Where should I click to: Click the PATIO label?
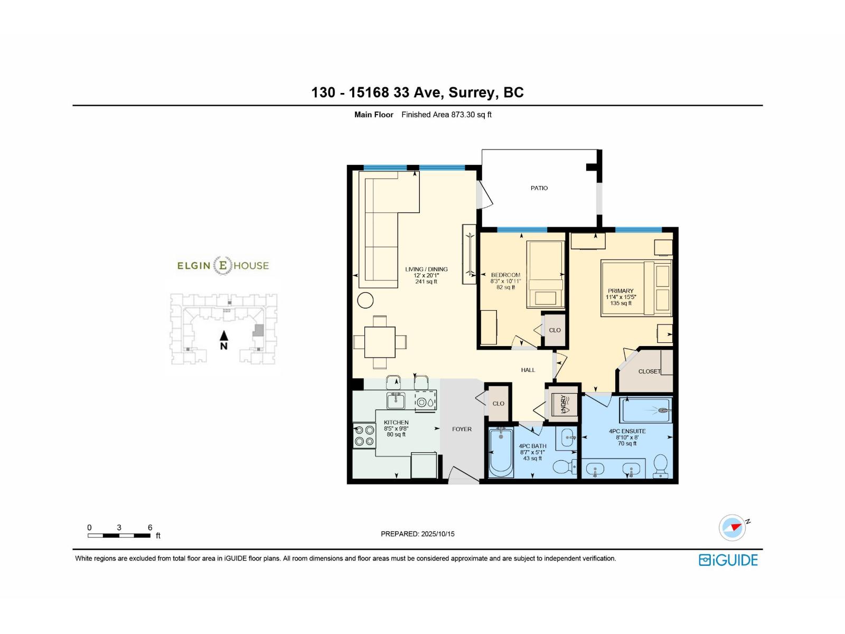click(539, 188)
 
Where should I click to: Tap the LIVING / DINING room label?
click(426, 269)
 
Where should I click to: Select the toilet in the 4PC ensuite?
click(661, 467)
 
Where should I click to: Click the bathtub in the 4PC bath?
click(501, 453)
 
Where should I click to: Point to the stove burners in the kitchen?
click(364, 436)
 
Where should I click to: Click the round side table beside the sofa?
click(365, 300)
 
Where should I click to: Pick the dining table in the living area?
click(380, 342)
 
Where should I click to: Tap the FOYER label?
click(462, 429)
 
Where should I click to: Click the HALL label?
click(528, 370)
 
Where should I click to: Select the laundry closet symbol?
click(563, 404)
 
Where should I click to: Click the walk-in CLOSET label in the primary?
click(649, 371)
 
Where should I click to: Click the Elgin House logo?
click(223, 265)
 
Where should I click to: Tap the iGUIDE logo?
click(728, 560)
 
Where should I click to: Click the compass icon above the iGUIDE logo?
click(733, 527)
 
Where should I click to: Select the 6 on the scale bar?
click(150, 527)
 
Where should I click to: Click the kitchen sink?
click(396, 401)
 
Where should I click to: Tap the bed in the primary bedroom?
click(636, 288)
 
